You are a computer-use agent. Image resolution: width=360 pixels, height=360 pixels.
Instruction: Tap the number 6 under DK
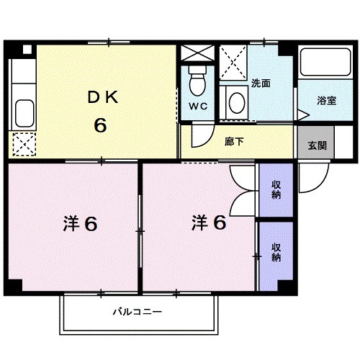(99, 124)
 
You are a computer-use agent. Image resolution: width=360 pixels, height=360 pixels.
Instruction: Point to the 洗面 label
(260, 83)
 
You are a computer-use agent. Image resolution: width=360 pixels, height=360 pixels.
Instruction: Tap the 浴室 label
(326, 101)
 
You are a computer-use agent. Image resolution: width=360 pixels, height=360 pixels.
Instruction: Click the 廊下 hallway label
(234, 141)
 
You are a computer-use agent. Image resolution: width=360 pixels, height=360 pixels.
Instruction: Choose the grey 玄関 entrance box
(317, 145)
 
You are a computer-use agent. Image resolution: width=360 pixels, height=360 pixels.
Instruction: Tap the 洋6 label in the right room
(209, 222)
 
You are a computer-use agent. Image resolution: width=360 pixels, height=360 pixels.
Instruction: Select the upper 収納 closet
(276, 189)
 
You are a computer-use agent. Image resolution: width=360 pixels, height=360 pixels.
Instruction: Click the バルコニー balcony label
(136, 312)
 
